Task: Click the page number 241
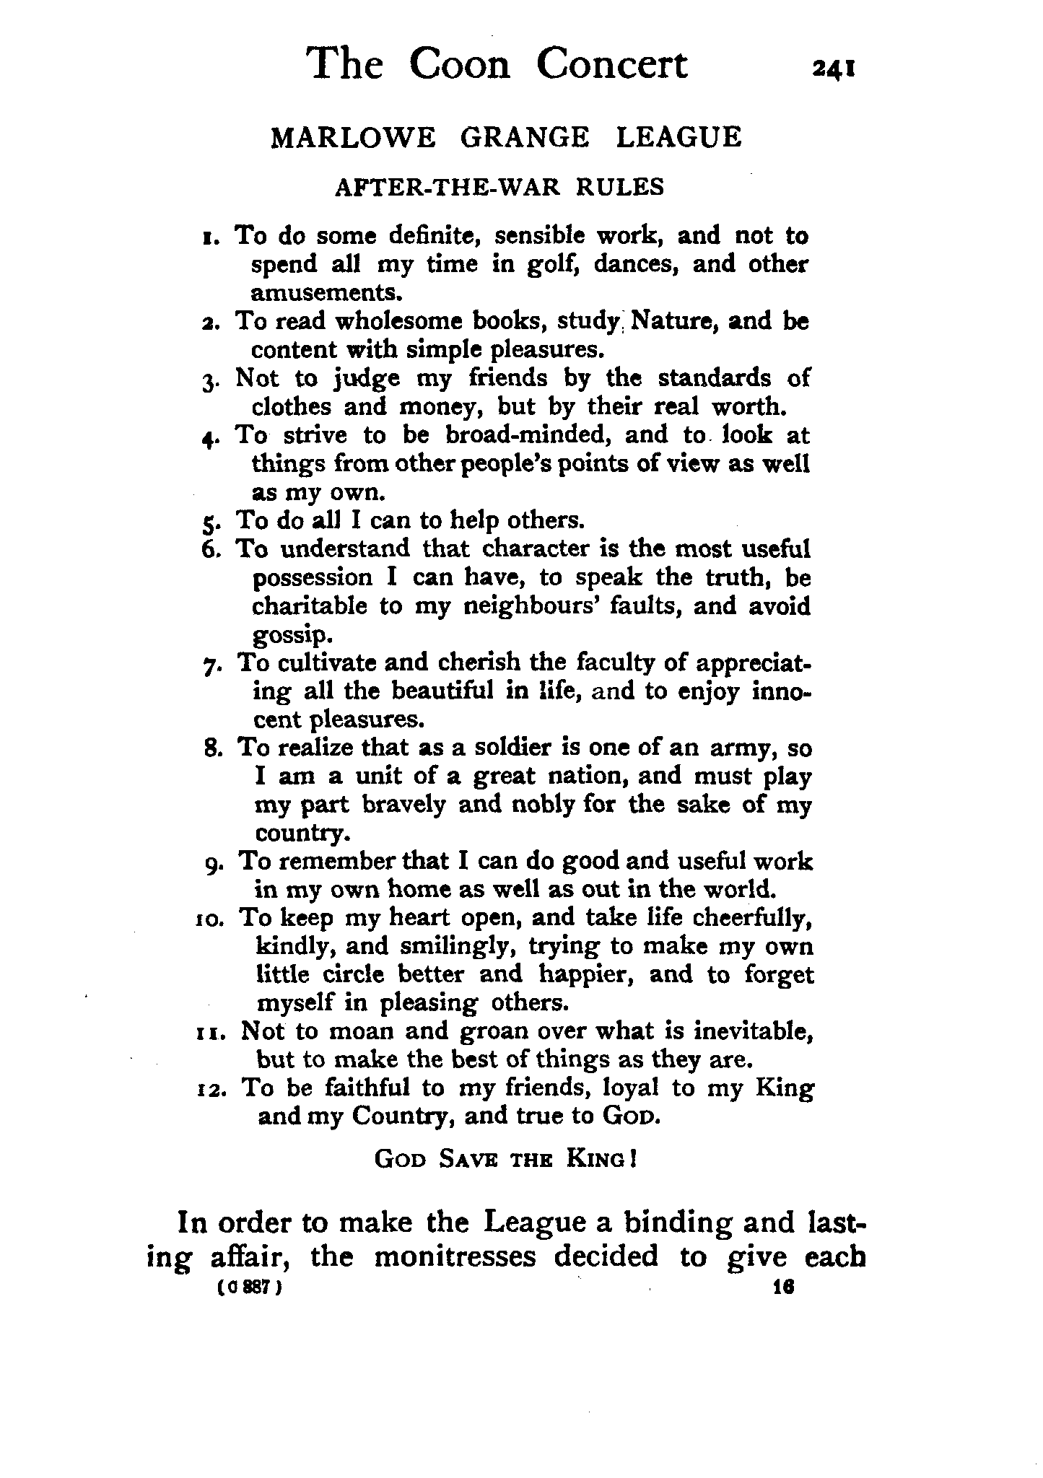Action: (x=834, y=69)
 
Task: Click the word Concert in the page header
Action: (x=611, y=64)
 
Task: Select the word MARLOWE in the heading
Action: (x=353, y=137)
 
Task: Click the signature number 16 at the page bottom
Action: (x=782, y=1287)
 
